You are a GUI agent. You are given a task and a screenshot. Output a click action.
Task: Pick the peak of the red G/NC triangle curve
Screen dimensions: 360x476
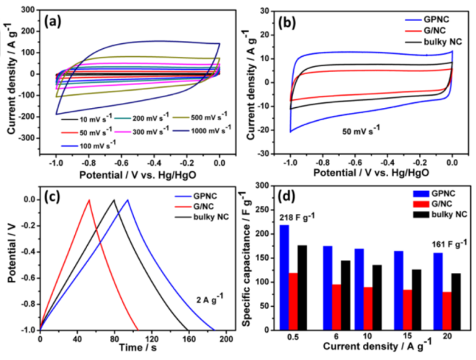tap(89, 199)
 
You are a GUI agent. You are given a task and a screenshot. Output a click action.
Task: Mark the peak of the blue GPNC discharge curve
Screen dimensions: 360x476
tap(127, 199)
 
